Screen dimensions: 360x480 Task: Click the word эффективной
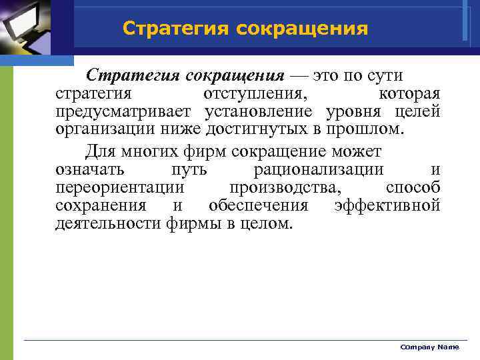tap(387, 205)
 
